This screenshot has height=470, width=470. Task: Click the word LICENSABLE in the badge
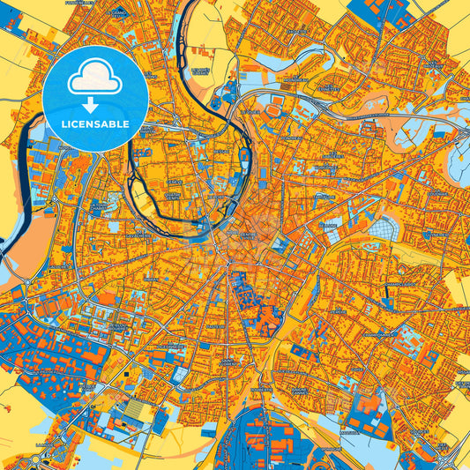tap(95, 124)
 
